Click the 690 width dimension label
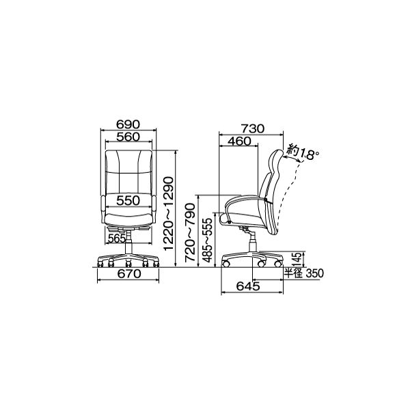(128, 124)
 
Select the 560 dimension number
(128, 137)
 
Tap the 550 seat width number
(128, 200)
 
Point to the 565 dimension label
(117, 238)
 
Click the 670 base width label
(129, 274)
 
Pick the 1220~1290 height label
(168, 214)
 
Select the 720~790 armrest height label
(190, 233)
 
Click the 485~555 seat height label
(208, 240)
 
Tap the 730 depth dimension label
(253, 128)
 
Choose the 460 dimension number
(239, 141)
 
